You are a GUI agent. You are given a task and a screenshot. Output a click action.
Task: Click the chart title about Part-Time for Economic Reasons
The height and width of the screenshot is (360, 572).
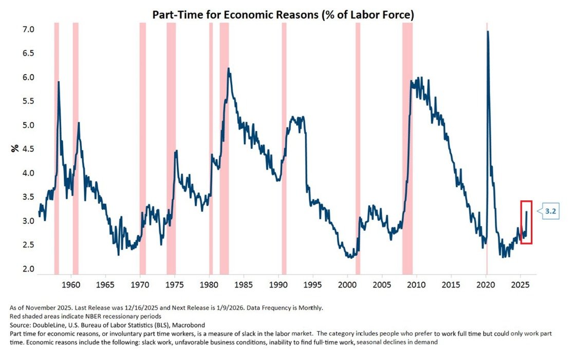(x=283, y=15)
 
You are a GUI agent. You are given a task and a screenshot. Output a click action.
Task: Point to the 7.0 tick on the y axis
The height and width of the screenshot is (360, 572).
(x=28, y=30)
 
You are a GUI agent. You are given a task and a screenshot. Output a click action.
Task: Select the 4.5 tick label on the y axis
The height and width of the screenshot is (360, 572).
(x=28, y=149)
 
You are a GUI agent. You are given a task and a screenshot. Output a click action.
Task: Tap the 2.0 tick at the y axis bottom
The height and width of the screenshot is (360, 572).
(x=28, y=269)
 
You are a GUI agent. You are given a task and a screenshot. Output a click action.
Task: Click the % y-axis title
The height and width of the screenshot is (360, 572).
(x=15, y=148)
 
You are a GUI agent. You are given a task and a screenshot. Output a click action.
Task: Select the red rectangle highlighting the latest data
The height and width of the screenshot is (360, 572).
(x=526, y=222)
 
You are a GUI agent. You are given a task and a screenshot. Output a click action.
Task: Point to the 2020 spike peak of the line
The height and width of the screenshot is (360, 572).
(x=487, y=32)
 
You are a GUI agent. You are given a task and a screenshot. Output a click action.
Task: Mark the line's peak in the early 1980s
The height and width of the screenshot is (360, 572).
(x=228, y=69)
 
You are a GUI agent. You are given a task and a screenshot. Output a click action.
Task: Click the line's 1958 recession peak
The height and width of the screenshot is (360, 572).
(x=59, y=82)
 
